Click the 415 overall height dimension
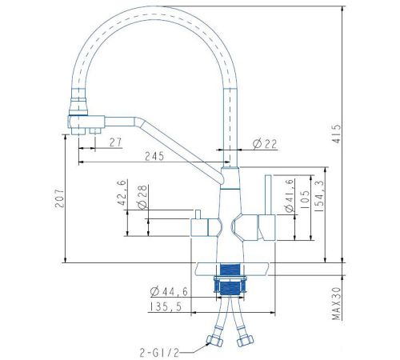(x=337, y=134)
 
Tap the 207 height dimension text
(x=59, y=198)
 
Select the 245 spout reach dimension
(x=154, y=156)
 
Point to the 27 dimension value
(x=115, y=142)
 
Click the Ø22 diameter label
(x=265, y=144)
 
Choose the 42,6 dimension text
(x=122, y=193)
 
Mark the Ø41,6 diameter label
(x=289, y=196)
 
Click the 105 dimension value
(x=305, y=200)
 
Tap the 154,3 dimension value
(x=319, y=196)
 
